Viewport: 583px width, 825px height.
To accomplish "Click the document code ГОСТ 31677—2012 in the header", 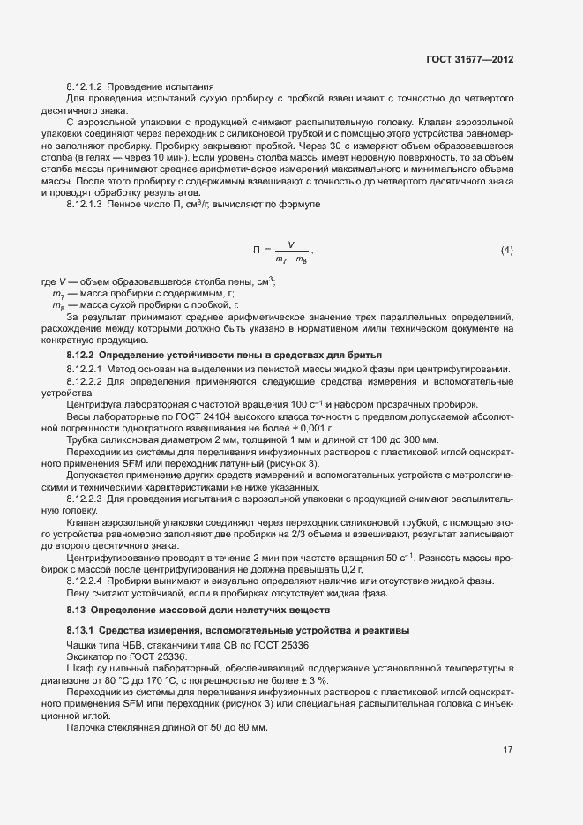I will coord(467,59).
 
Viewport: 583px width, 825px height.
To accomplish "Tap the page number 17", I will coord(508,751).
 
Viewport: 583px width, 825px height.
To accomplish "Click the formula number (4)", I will coord(506,250).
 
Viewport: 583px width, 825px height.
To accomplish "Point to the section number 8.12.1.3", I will coord(86,203).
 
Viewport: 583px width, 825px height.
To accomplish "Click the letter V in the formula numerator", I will coord(291,244).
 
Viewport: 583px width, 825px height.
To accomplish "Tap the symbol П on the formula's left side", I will coord(257,251).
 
